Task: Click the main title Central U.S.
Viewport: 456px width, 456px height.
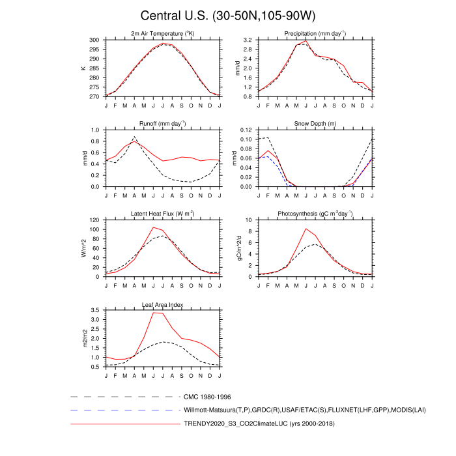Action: click(x=227, y=16)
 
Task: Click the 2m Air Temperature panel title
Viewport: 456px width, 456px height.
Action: click(x=162, y=33)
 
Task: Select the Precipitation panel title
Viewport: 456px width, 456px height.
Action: click(x=315, y=33)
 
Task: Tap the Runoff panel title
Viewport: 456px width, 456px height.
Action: click(x=162, y=123)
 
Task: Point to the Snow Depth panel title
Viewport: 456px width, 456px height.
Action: click(x=315, y=123)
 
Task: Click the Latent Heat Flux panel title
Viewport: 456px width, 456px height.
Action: click(x=162, y=213)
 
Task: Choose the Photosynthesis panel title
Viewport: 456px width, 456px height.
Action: click(x=315, y=213)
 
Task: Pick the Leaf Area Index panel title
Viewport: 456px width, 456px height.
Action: click(x=162, y=304)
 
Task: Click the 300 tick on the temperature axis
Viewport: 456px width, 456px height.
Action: click(x=94, y=40)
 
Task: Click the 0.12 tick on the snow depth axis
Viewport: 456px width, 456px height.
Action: click(x=247, y=130)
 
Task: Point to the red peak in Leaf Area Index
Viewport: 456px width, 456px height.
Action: click(x=153, y=313)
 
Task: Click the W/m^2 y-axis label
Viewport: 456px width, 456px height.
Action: click(x=83, y=248)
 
